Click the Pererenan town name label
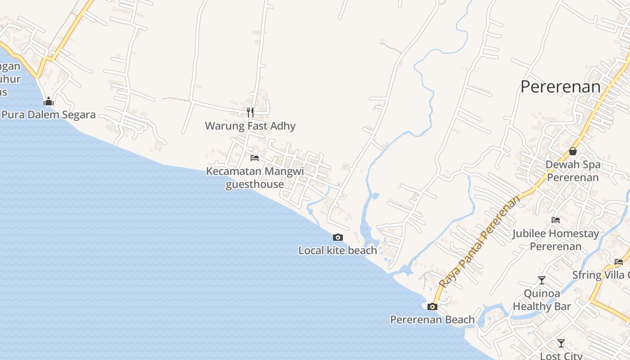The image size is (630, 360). (560, 87)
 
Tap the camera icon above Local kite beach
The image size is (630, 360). (337, 237)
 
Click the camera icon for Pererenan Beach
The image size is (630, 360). (432, 307)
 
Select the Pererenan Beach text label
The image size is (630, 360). (432, 320)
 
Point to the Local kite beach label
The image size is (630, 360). (337, 251)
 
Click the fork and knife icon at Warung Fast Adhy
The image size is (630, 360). (250, 112)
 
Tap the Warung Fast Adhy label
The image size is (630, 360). (250, 126)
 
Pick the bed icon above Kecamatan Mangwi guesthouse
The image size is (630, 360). (255, 158)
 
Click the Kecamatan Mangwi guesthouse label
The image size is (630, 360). (255, 178)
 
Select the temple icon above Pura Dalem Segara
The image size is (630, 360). (49, 101)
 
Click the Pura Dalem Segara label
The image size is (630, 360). (49, 115)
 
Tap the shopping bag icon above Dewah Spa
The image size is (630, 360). (573, 151)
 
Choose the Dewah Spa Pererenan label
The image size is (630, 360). (573, 171)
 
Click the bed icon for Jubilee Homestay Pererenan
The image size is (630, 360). (556, 220)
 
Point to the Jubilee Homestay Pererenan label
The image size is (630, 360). (556, 240)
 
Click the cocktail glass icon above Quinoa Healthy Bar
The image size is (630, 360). (542, 280)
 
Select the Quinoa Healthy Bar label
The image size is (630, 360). (542, 300)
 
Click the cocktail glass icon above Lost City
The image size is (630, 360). (561, 343)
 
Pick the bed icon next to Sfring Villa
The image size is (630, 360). (619, 261)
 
